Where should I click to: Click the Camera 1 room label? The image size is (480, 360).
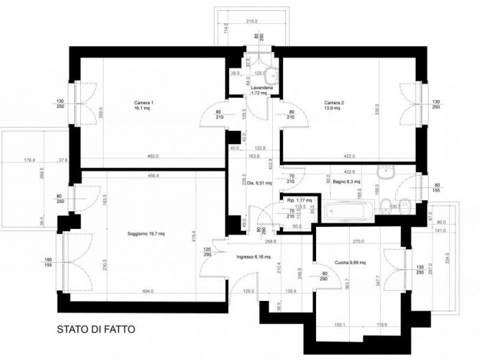143,105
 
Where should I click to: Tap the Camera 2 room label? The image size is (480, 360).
334,105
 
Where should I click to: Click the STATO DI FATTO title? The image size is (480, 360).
95,330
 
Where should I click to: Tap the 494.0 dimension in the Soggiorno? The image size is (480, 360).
147,291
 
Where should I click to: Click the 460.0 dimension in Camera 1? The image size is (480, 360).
143,156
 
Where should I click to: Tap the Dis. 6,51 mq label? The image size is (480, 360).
260,183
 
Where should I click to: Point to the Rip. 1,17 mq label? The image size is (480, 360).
299,200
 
